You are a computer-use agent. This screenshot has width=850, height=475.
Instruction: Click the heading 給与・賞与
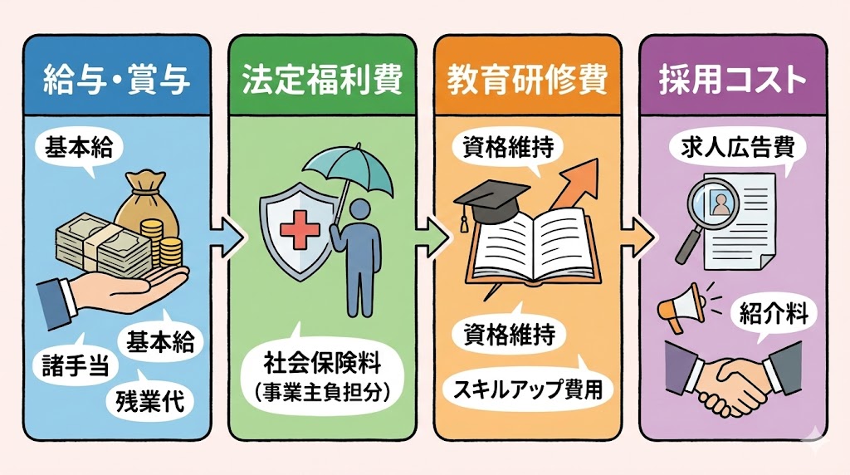click(116, 81)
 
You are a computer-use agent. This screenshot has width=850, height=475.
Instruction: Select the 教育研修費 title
click(528, 81)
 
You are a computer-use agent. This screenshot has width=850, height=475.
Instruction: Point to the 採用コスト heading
click(733, 81)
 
